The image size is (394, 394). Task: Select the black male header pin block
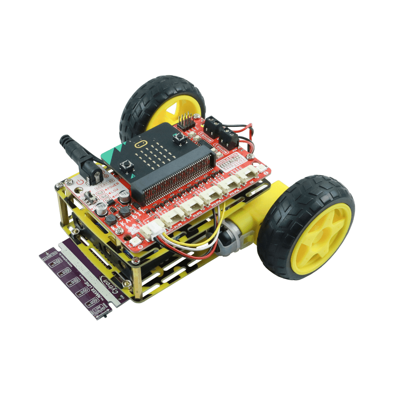184,121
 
